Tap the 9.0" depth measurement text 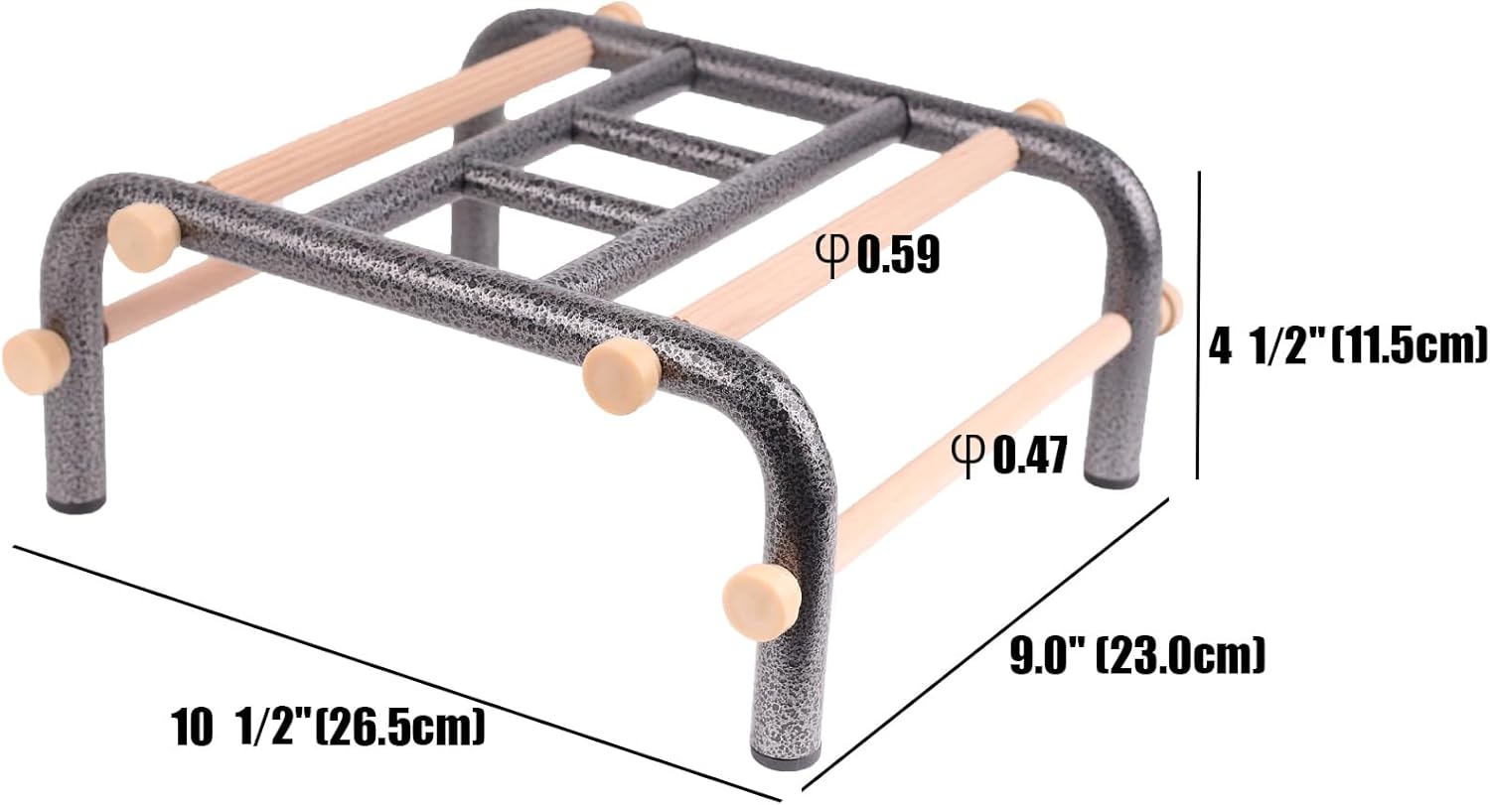coord(1137,655)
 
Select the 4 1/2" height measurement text coord(1346,347)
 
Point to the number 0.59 coord(898,254)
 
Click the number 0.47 coord(1030,455)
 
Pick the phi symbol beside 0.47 coord(968,456)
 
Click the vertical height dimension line coord(1199,325)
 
